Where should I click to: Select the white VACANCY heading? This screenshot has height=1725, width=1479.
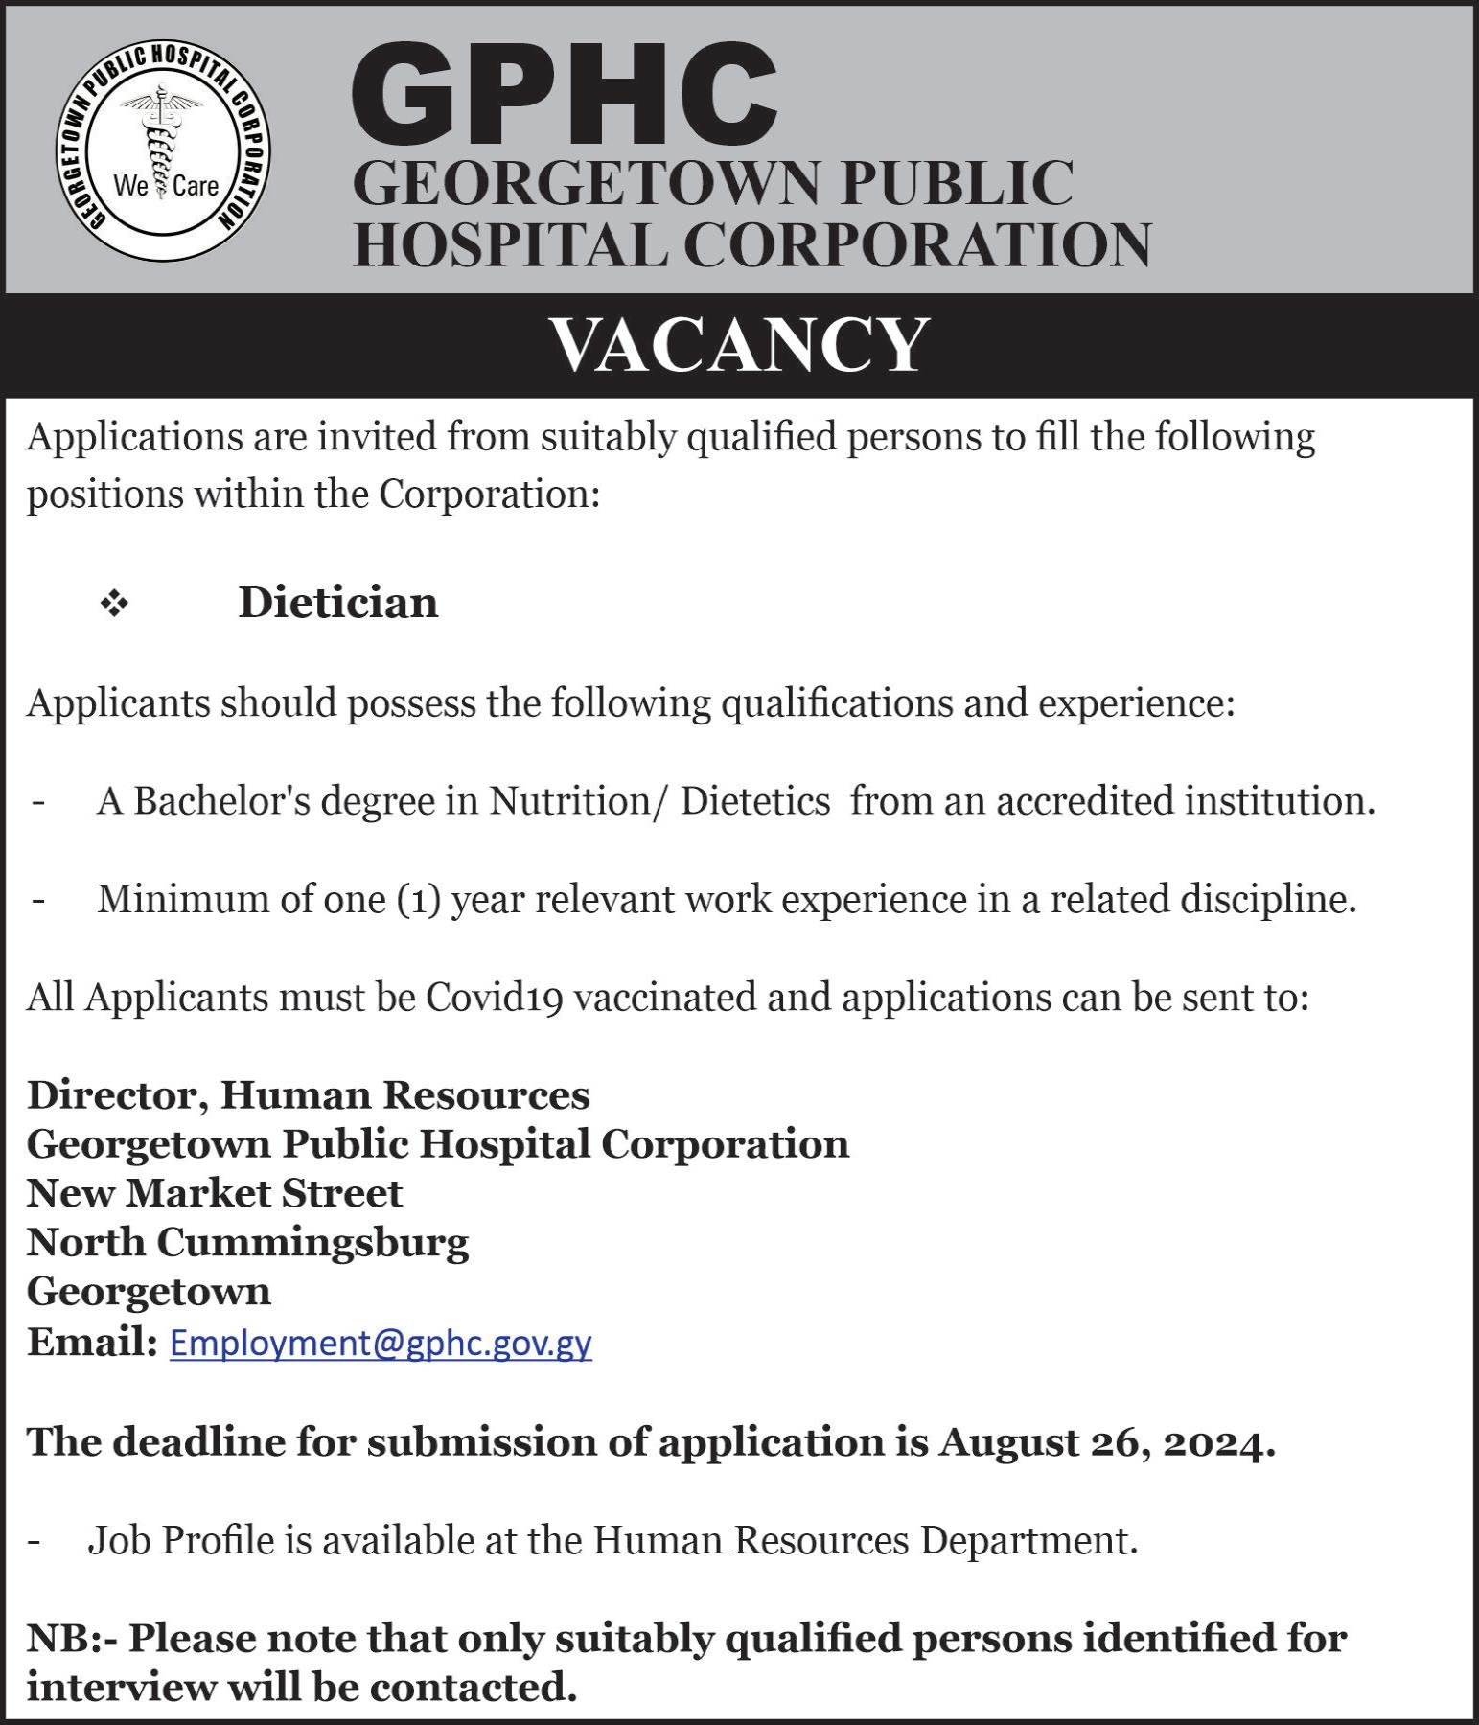pyautogui.click(x=739, y=345)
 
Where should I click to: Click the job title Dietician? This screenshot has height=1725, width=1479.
pyautogui.click(x=338, y=603)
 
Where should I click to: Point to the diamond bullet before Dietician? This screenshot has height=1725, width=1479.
pyautogui.click(x=114, y=604)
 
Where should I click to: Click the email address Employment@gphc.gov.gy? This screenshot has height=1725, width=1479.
pyautogui.click(x=381, y=1343)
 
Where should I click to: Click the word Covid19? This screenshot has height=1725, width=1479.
pyautogui.click(x=494, y=998)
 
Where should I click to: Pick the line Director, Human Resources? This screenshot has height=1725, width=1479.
pyautogui.click(x=308, y=1095)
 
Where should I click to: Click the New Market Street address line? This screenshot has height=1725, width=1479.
pyautogui.click(x=215, y=1193)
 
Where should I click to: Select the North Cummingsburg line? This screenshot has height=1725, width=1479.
pyautogui.click(x=247, y=1242)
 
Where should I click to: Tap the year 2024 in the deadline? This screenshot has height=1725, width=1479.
pyautogui.click(x=1216, y=1443)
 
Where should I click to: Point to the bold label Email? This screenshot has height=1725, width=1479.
pyautogui.click(x=91, y=1342)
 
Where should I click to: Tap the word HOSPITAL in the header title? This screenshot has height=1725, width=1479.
pyautogui.click(x=510, y=244)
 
